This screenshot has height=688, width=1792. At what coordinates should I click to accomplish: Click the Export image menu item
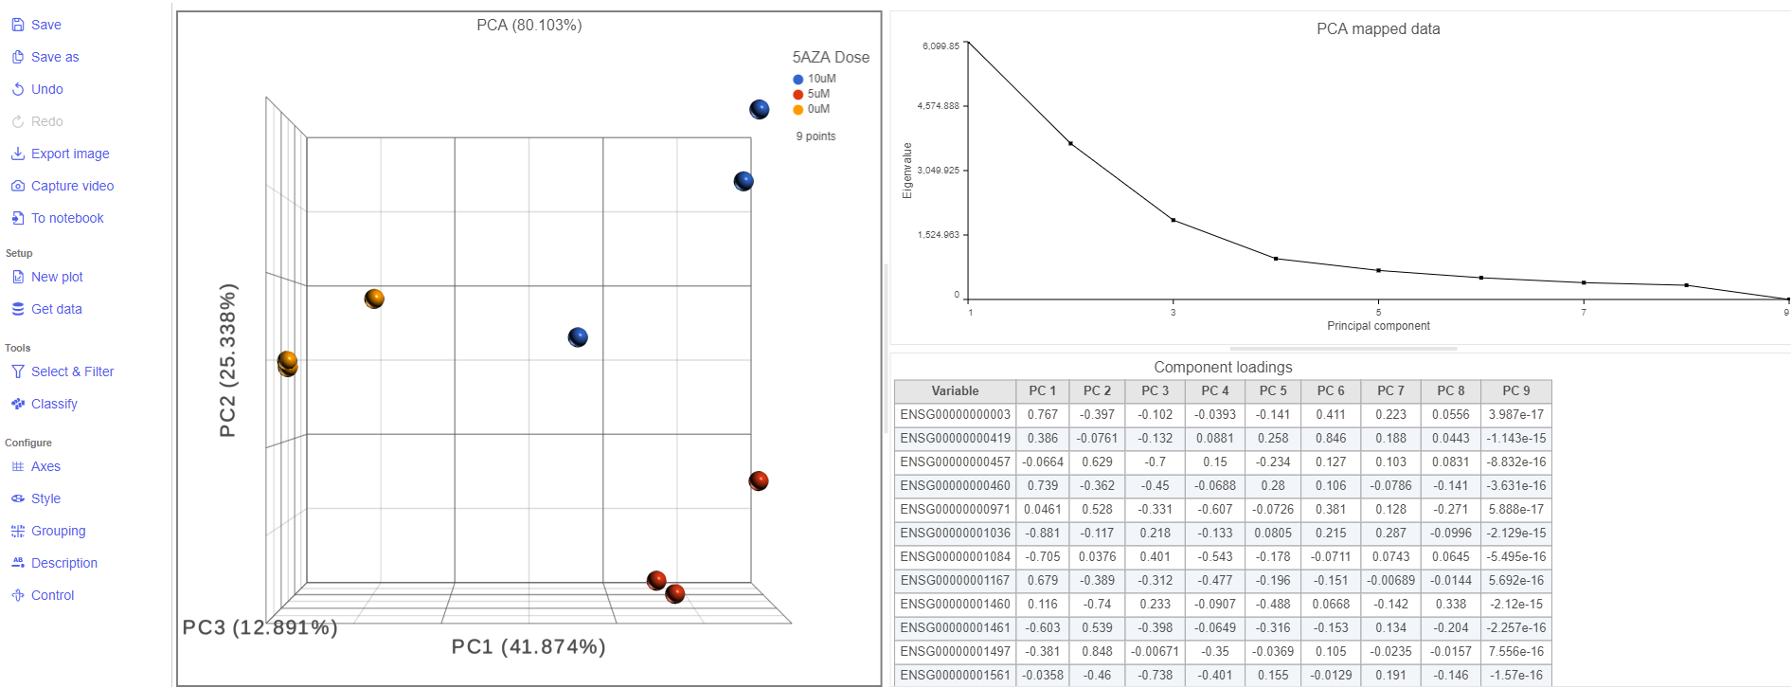pos(69,154)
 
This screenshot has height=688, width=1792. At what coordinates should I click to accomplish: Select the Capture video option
pos(72,186)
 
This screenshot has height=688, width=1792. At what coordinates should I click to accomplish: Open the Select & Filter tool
pos(72,371)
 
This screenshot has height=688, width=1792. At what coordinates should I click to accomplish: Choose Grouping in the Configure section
pos(58,531)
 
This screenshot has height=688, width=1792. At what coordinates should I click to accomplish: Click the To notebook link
pos(67,218)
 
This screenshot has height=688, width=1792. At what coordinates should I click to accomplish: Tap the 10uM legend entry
pos(820,79)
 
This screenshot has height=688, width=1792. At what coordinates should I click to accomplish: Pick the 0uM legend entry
pos(817,109)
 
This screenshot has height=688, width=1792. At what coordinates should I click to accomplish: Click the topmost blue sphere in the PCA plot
pos(760,109)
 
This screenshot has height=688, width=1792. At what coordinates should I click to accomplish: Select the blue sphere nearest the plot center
pos(578,337)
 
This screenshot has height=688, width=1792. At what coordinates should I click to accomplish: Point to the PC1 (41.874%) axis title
pos(529,646)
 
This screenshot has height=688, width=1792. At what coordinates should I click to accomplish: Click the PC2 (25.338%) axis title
pos(228,360)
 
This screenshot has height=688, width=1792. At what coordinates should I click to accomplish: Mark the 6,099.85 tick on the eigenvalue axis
pos(941,45)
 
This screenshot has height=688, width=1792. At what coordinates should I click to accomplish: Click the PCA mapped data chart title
pos(1378,29)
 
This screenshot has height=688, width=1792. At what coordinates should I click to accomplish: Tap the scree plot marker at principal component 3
pos(1174,221)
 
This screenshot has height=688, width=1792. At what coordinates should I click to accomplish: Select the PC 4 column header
pos(1215,390)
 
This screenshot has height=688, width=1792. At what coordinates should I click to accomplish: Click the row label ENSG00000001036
pos(955,533)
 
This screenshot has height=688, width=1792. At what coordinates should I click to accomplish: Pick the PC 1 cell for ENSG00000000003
pos(1042,414)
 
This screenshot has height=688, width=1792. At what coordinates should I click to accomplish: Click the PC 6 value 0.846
pos(1331,438)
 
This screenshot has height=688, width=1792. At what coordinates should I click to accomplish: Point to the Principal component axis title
pos(1378,326)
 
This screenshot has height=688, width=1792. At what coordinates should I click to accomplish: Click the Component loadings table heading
pos(1223,367)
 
